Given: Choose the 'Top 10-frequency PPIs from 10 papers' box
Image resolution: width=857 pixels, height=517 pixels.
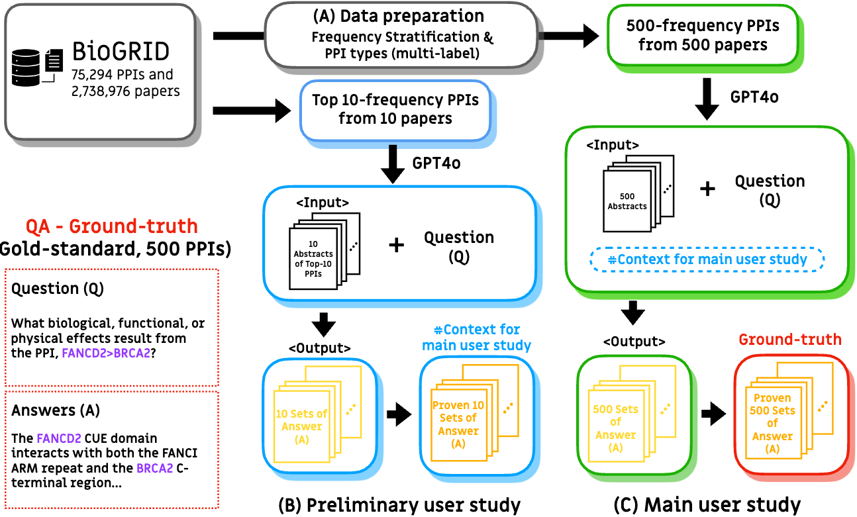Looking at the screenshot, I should [395, 110].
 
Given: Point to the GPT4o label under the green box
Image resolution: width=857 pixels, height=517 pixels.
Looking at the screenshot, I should [754, 97].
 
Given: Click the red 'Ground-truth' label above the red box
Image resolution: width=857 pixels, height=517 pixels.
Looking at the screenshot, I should [789, 340].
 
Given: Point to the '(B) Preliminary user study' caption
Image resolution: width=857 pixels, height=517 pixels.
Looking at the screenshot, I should [399, 504].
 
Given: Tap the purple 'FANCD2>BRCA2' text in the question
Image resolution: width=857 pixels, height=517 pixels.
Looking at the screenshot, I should [105, 353].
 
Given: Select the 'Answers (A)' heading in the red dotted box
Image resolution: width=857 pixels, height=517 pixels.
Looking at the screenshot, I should [56, 410].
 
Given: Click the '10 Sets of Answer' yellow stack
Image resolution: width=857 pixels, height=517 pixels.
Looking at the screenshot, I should [301, 420].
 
